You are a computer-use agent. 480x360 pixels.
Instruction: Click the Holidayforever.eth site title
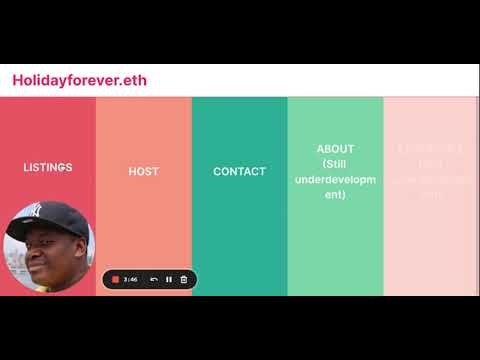tap(79, 80)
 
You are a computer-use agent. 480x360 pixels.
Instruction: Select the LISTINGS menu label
tap(48, 167)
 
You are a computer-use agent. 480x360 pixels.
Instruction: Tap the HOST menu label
tap(144, 171)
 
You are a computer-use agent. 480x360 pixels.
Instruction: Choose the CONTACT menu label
tap(239, 171)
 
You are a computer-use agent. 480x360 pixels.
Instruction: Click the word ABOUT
tap(335, 149)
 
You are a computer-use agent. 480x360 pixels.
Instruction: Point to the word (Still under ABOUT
tap(335, 164)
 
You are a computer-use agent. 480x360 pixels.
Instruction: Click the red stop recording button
tap(115, 279)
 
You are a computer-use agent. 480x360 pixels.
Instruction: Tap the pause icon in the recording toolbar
tap(169, 279)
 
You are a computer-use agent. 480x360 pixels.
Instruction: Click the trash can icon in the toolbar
tap(184, 279)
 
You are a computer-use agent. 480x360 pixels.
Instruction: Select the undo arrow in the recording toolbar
tap(154, 279)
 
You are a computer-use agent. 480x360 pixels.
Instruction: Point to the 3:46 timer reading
tap(131, 279)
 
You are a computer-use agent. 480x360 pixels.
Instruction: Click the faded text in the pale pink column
tap(431, 170)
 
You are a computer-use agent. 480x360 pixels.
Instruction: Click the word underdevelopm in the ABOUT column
tap(335, 179)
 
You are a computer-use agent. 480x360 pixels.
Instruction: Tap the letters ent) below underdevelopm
tap(335, 194)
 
